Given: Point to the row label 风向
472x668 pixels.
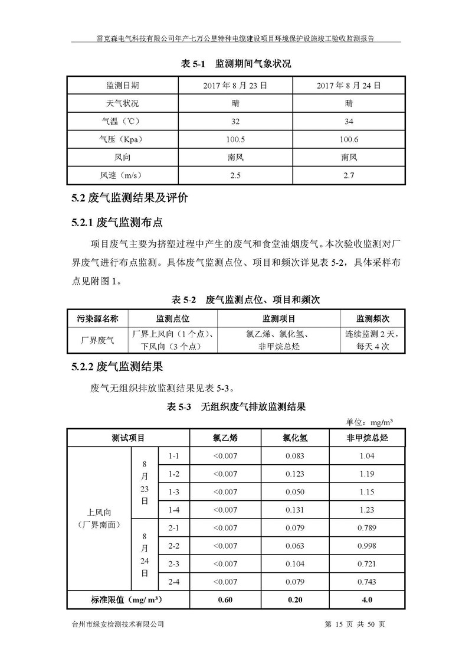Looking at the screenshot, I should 123,158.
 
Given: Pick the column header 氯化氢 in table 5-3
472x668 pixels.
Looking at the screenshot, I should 294,438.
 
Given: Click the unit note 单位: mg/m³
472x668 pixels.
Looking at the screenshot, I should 369,422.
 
